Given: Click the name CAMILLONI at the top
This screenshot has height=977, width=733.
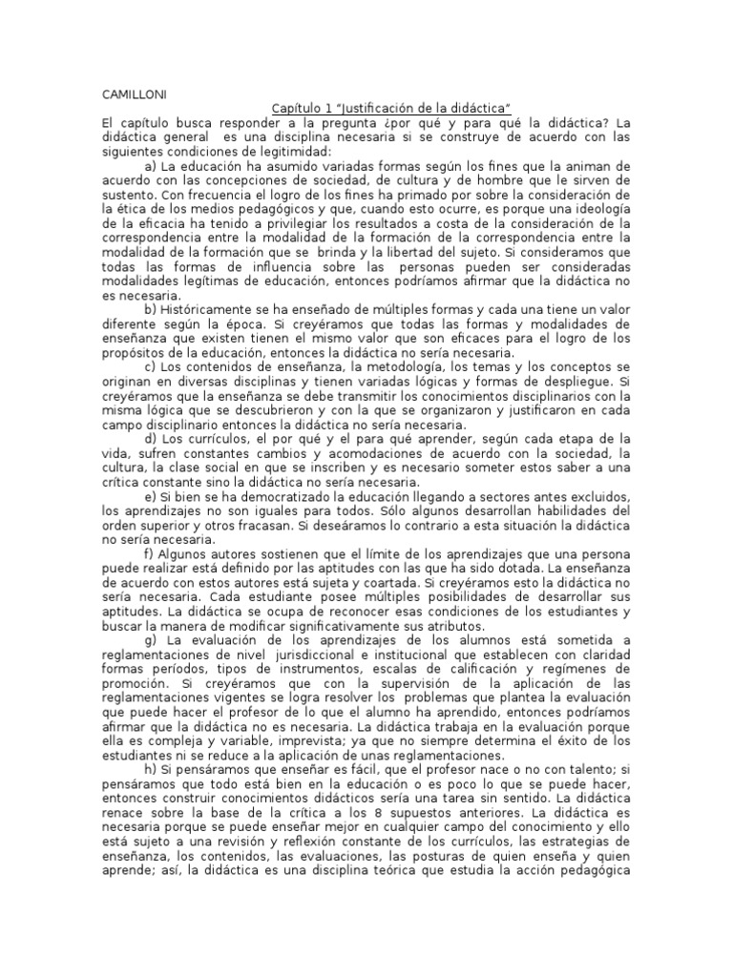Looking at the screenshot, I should (x=135, y=94).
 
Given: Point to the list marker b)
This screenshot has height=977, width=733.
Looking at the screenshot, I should (x=151, y=310).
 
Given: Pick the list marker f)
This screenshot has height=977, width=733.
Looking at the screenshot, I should (x=150, y=555).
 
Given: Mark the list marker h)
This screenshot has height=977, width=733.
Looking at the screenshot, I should (x=151, y=772).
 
